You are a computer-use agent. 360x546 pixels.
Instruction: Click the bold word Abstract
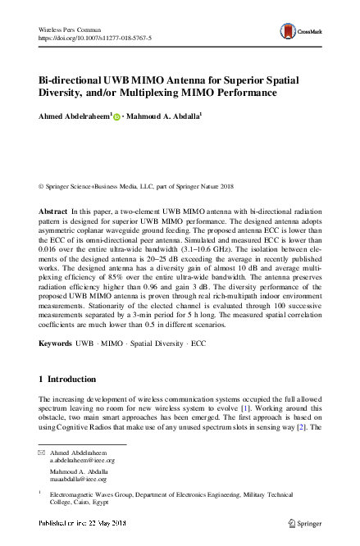click(53, 212)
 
